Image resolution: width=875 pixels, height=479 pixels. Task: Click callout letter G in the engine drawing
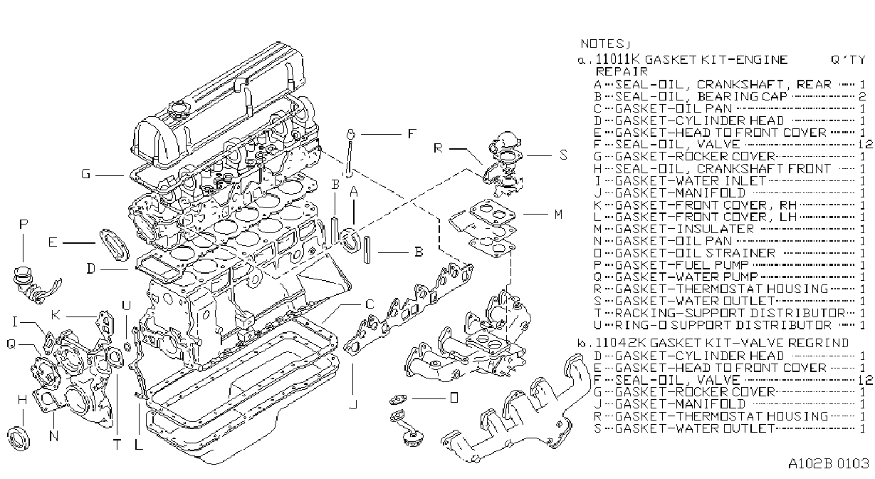coord(86,174)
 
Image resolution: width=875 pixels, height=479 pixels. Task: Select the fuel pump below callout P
coord(34,284)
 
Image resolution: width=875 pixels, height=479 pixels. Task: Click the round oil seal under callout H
coord(19,438)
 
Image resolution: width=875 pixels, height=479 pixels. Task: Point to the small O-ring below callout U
coord(127,346)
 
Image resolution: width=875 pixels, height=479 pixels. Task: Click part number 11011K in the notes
coord(618,59)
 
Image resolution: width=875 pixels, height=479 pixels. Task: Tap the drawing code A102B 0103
coord(828,463)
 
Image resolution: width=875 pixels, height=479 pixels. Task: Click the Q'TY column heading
coord(848,60)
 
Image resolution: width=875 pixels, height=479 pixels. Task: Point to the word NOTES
coord(604,43)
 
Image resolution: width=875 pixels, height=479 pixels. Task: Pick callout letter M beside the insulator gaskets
coord(558,215)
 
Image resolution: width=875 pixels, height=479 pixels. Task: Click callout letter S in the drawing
coord(563,155)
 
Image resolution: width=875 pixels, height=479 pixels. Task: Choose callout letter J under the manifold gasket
coord(354,404)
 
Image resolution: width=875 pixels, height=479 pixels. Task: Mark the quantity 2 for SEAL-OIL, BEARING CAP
coord(862,96)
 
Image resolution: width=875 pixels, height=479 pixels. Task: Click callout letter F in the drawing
coord(412,134)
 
